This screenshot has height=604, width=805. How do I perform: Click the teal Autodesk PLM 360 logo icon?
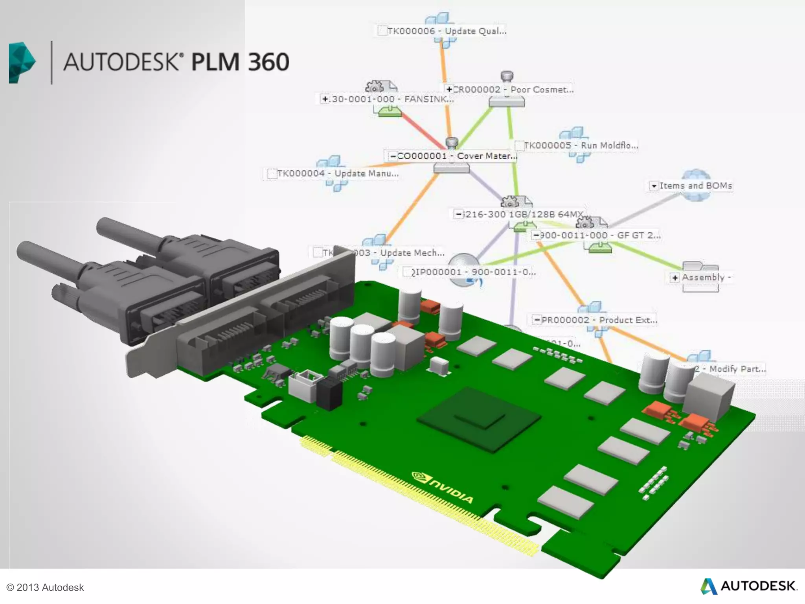(22, 63)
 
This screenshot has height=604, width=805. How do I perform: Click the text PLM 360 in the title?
(240, 62)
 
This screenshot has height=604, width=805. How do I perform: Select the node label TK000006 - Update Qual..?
(447, 31)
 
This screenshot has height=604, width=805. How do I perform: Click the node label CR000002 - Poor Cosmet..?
(513, 90)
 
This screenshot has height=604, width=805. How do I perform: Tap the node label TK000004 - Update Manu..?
(338, 173)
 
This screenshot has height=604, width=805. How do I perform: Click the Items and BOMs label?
(695, 186)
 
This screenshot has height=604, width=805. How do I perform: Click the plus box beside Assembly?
(675, 278)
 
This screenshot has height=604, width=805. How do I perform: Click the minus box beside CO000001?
(393, 157)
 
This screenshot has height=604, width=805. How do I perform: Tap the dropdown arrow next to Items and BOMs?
(654, 186)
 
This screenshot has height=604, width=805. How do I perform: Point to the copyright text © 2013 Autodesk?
(45, 587)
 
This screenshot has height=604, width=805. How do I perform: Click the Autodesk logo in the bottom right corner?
(749, 586)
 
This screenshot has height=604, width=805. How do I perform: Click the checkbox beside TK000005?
(519, 146)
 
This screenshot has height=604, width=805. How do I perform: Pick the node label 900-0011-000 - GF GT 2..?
(599, 236)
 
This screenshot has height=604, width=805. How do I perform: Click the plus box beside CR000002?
(449, 90)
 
